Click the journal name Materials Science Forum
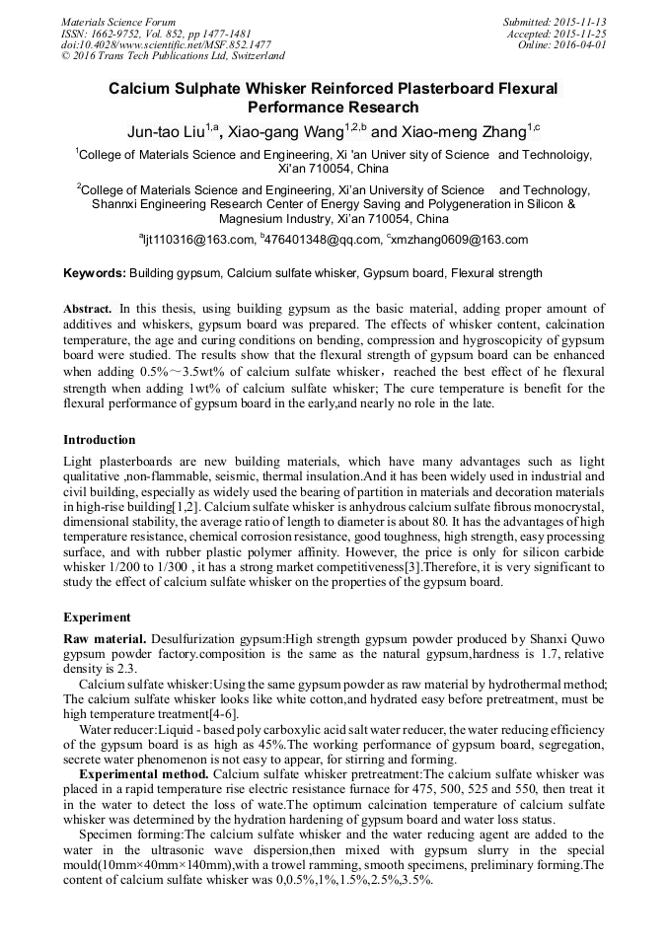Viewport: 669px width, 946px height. (118, 21)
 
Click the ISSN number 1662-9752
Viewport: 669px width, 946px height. (119, 33)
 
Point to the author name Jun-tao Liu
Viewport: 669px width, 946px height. (167, 130)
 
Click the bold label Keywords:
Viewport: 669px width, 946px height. (94, 272)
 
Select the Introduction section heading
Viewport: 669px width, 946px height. (100, 439)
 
